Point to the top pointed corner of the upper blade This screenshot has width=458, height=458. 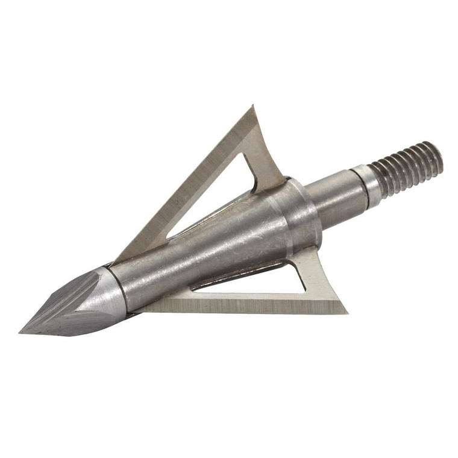tap(253, 107)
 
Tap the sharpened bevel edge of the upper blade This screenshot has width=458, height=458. tap(181, 181)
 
